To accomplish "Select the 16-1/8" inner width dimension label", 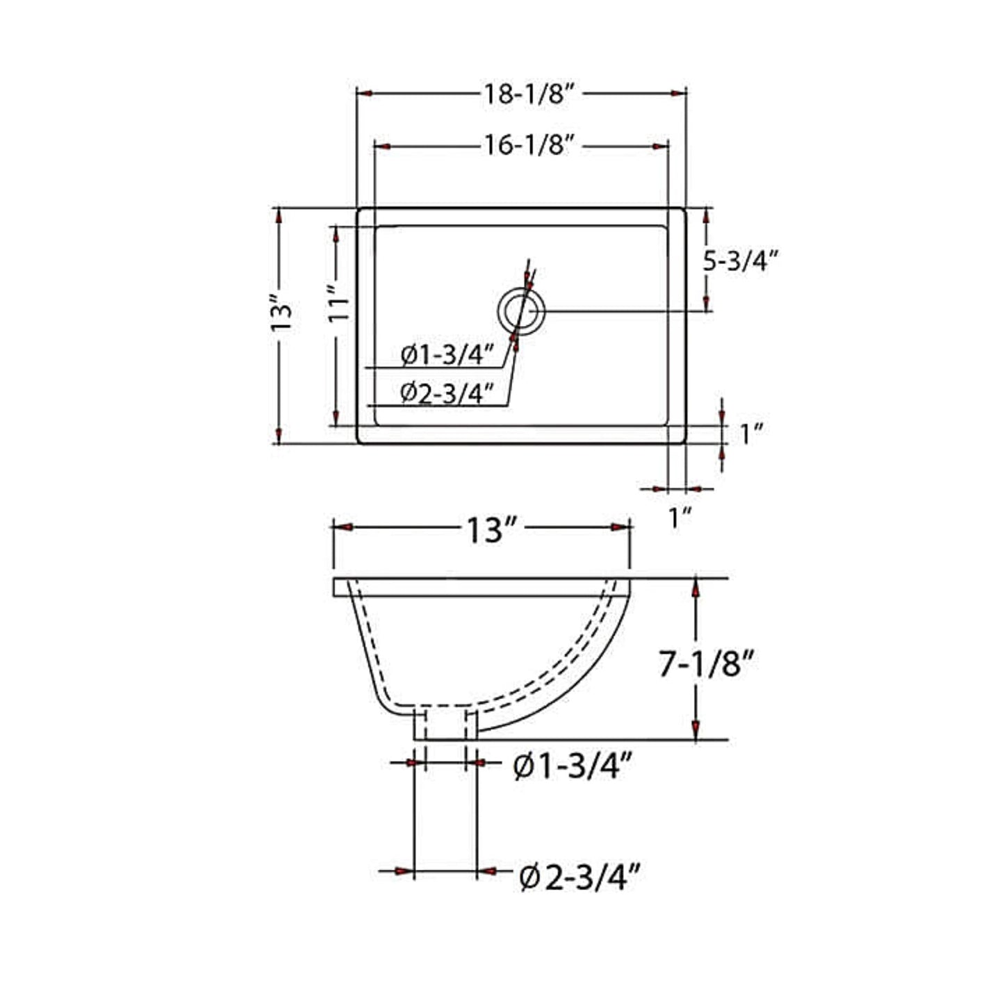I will click(x=527, y=145).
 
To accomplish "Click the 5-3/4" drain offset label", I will click(x=740, y=261).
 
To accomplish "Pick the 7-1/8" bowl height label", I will click(x=706, y=665).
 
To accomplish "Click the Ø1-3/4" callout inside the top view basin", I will click(x=447, y=355).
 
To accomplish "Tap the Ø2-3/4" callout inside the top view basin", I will click(x=447, y=393).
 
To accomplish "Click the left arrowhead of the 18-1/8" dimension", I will click(x=365, y=93).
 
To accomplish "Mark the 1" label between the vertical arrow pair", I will click(x=750, y=434).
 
